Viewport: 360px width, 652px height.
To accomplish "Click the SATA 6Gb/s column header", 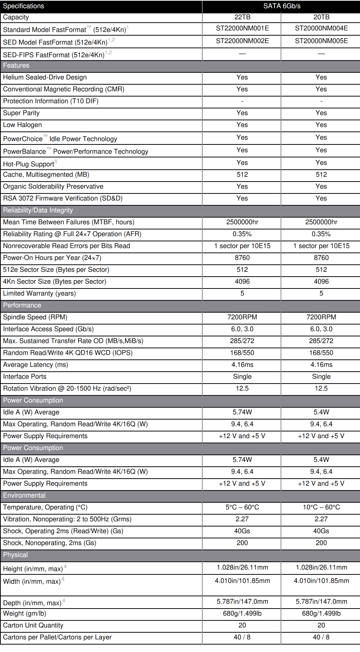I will click(x=282, y=6).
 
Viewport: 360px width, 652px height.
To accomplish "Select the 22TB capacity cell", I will click(x=242, y=17).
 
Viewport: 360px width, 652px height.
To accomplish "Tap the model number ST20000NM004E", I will click(x=321, y=28).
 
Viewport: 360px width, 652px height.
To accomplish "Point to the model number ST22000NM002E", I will click(x=242, y=41).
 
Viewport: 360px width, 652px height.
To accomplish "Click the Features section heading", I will click(x=16, y=66).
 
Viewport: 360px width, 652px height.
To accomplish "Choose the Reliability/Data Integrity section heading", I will click(x=38, y=210).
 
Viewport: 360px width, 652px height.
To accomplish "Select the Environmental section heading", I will click(x=24, y=495).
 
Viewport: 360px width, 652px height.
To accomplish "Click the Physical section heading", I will click(x=15, y=555).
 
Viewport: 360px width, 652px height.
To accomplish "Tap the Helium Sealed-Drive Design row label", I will click(x=45, y=77).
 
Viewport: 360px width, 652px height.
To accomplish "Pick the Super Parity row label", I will click(x=21, y=113).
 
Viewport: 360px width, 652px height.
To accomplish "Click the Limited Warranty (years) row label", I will click(x=39, y=293).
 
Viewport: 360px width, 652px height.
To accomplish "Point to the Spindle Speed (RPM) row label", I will click(x=35, y=317).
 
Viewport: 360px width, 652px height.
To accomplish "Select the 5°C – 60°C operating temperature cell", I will click(x=242, y=507).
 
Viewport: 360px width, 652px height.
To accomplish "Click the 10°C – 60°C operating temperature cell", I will click(x=321, y=507).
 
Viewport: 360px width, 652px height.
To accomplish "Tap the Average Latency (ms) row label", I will click(x=35, y=365).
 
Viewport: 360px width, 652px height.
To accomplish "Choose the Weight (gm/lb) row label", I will click(x=24, y=613).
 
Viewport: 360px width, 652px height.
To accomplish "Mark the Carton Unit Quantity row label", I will click(x=33, y=625).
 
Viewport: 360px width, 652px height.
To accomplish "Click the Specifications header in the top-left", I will click(x=23, y=6).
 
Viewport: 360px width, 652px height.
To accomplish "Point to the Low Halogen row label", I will click(x=22, y=125).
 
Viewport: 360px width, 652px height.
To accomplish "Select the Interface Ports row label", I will click(x=24, y=376).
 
